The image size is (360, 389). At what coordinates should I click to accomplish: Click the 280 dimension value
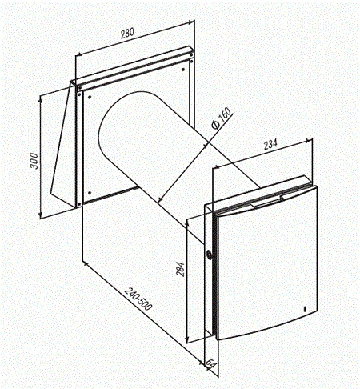coord(127,33)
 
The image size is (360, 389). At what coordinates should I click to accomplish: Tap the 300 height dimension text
coord(34,161)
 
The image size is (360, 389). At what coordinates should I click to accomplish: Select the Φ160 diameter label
coord(221,118)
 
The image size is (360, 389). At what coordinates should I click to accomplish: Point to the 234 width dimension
coord(270,144)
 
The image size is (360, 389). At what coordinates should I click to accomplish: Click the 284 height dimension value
coord(181,269)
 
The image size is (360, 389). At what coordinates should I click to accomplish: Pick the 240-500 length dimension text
coord(138,299)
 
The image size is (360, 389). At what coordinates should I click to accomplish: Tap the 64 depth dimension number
coord(210,364)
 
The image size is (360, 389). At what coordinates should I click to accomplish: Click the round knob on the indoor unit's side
coord(209,255)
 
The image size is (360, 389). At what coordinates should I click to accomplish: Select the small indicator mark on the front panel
coord(305,309)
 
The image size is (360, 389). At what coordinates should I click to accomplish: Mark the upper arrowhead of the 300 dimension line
coord(41,98)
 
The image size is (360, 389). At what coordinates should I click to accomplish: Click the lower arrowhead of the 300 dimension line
coord(41,215)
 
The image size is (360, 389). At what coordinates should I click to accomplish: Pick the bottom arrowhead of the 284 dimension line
coord(187,339)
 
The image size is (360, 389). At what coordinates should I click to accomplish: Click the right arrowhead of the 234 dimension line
coord(309,140)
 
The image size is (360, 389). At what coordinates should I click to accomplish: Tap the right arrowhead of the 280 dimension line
coord(191,22)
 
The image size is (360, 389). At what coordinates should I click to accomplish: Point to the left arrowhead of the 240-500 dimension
coord(86,263)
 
